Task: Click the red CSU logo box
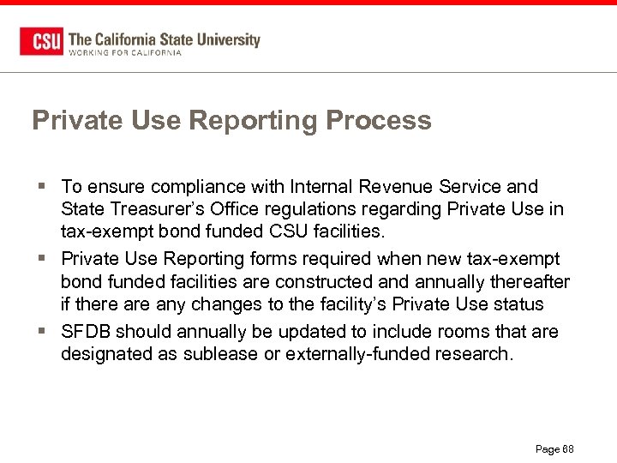coord(41,42)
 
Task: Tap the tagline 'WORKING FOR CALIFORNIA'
coord(124,52)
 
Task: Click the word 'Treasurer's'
coord(154,209)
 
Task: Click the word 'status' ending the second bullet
coord(518,304)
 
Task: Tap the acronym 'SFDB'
coord(86,331)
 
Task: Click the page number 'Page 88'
coord(554,449)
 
